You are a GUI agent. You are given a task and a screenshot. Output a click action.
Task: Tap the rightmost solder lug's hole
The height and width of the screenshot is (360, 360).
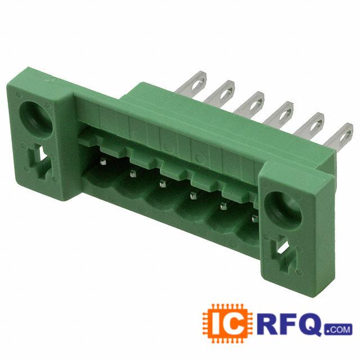(345, 136)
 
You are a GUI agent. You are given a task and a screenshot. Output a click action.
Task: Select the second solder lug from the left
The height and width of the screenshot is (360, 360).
(219, 92)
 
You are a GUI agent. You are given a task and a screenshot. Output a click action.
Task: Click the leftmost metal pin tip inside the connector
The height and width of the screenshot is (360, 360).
(103, 162)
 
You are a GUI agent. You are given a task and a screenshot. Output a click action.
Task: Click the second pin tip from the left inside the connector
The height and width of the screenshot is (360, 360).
(133, 174)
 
